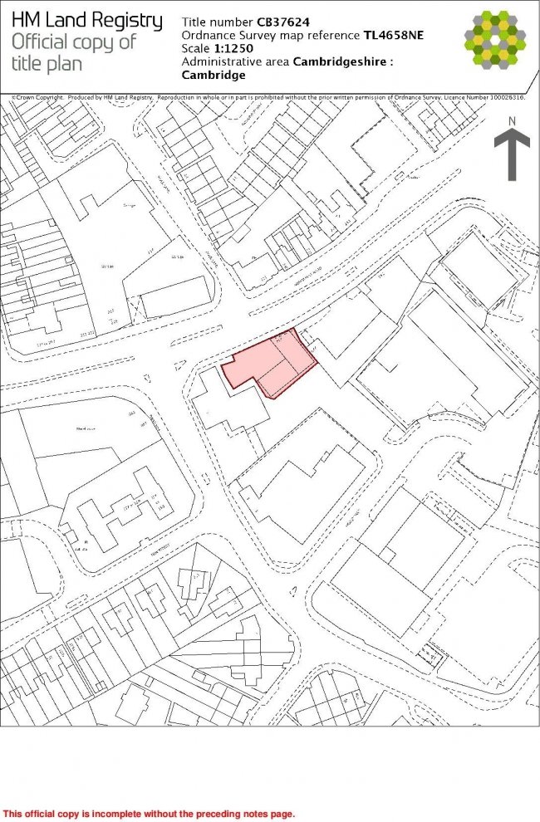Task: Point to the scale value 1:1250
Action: tap(234, 48)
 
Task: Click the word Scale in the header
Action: tap(196, 48)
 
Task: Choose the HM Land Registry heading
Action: tap(87, 21)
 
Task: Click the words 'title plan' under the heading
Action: tap(49, 64)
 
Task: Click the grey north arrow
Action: tap(512, 154)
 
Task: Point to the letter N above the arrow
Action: tap(513, 122)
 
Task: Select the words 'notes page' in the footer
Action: tap(266, 814)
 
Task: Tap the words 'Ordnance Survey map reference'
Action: tap(270, 35)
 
